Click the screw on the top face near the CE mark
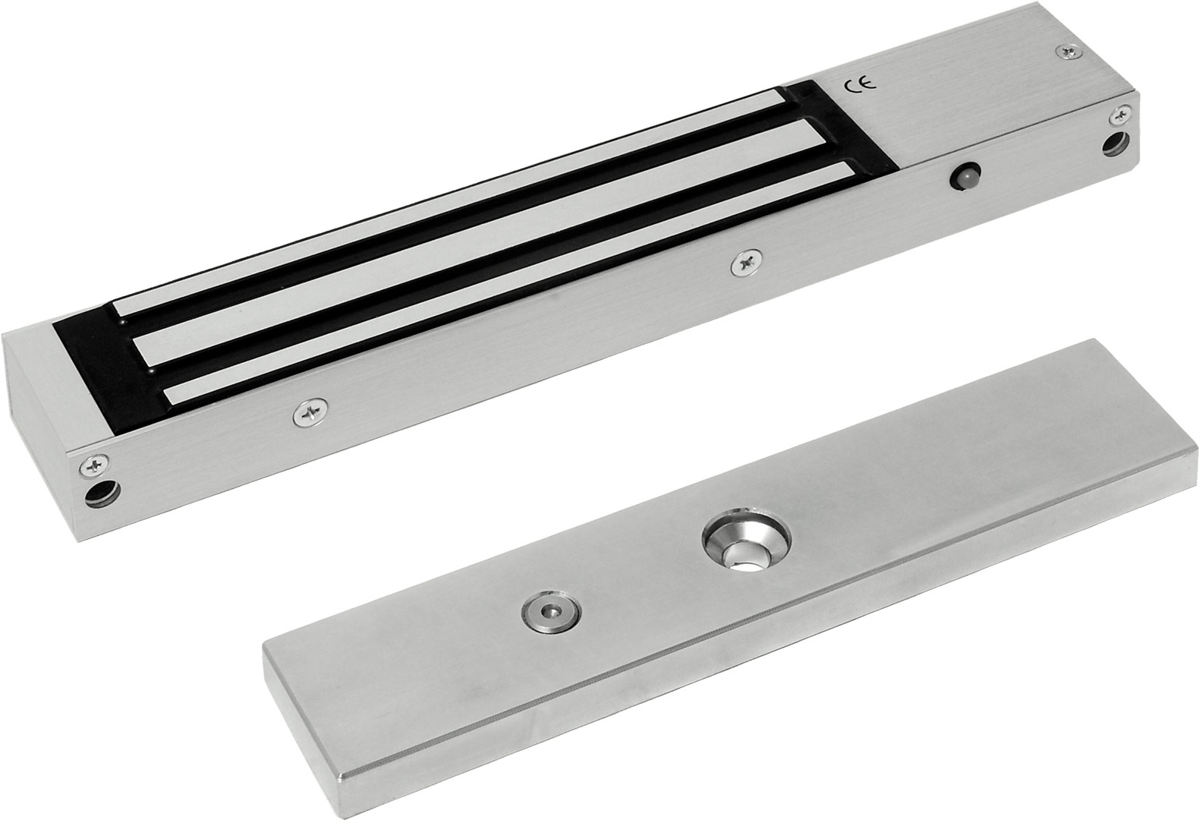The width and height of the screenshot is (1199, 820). [1066, 51]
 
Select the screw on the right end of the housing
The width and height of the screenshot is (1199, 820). [1120, 114]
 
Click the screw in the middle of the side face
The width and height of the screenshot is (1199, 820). [746, 263]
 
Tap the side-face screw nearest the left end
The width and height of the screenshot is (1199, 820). [309, 413]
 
